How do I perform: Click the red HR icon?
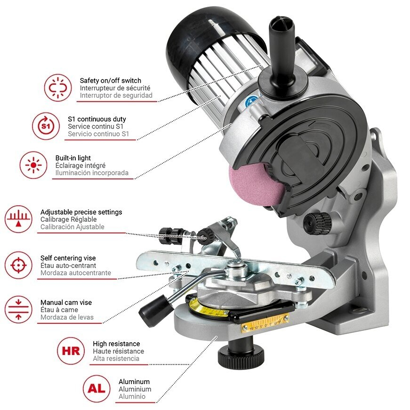(71, 351)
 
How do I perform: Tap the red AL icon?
(96, 388)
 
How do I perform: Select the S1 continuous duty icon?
(46, 126)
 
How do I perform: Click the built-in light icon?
(33, 165)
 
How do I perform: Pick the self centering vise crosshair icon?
(18, 265)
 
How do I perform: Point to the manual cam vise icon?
(18, 310)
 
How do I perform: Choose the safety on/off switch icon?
(58, 88)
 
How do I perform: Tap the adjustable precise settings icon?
(18, 219)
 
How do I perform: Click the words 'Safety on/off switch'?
(110, 80)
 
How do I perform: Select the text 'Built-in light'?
(73, 158)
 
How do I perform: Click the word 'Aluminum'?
(134, 381)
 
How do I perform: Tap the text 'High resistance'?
(116, 344)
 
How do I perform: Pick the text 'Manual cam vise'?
(66, 303)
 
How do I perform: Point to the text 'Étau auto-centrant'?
(68, 265)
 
